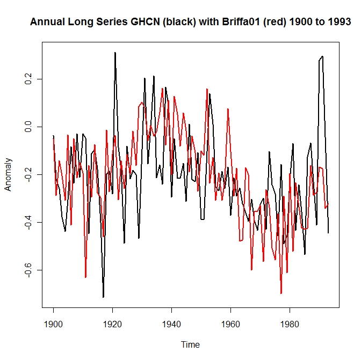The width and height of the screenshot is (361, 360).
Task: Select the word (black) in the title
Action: coord(167,22)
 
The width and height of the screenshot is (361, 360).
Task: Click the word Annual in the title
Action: coord(46,22)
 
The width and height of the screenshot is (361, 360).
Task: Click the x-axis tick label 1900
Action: coord(53,324)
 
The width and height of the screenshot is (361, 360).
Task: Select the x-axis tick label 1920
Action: coord(112,324)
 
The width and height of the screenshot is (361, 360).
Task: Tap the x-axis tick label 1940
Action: coord(171,324)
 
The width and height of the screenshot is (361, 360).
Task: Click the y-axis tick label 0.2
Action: coord(28,79)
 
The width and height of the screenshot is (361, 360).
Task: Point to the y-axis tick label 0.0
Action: coord(28,127)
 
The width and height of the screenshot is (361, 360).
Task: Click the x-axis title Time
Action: coord(190,344)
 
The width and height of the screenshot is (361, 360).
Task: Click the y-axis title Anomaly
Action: coord(8,174)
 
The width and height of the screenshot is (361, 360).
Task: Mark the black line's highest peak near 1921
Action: coord(115,53)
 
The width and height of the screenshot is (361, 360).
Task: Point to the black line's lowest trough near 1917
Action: coord(103,297)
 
